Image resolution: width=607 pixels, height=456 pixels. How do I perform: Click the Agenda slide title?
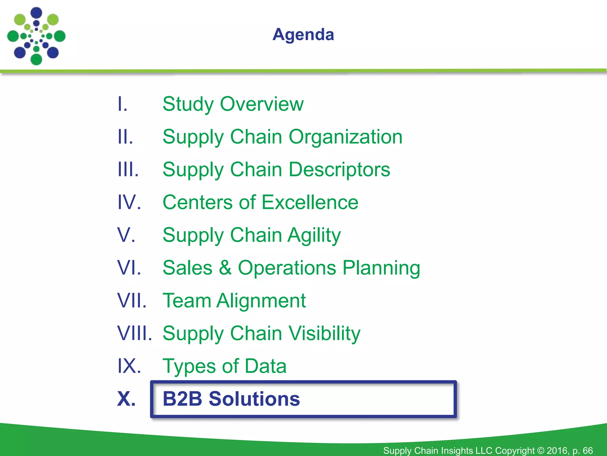coord(303,34)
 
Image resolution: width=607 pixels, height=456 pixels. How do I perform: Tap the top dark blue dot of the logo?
coord(36,12)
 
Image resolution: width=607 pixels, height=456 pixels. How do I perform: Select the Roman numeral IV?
coord(129,202)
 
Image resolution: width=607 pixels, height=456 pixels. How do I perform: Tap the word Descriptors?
coord(339,170)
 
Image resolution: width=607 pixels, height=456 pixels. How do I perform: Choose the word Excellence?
coord(310,202)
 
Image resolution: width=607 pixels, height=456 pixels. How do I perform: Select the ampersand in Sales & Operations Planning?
coord(225,268)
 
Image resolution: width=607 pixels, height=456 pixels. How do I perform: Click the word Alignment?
coord(261,301)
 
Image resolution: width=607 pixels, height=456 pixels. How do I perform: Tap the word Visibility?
coord(325,334)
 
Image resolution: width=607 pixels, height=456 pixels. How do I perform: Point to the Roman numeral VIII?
coord(135,333)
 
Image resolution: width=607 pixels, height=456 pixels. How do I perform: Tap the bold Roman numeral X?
coord(127,399)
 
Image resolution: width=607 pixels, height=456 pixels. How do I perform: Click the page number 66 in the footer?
coord(587,451)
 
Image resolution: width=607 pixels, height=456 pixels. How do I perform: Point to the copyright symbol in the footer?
coord(541,451)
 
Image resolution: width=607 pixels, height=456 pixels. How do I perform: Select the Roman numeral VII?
coord(132,301)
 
